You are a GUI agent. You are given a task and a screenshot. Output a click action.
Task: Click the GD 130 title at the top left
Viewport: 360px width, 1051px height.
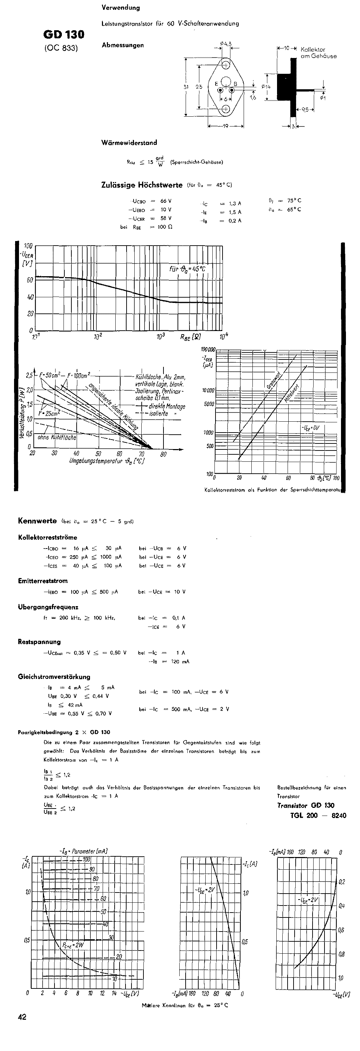pyautogui.click(x=64, y=34)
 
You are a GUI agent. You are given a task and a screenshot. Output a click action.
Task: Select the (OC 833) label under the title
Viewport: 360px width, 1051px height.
pyautogui.click(x=61, y=47)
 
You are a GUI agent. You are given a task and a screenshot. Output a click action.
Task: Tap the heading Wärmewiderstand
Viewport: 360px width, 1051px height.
pyautogui.click(x=129, y=142)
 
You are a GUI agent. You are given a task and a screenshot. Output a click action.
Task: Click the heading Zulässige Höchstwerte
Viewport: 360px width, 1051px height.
pyautogui.click(x=142, y=185)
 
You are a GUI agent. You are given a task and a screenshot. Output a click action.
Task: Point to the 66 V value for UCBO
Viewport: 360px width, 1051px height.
pyautogui.click(x=166, y=201)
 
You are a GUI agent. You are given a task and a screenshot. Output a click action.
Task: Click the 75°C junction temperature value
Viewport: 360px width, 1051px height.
pyautogui.click(x=294, y=200)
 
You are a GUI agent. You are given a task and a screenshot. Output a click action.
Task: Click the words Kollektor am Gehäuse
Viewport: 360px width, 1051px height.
pyautogui.click(x=319, y=53)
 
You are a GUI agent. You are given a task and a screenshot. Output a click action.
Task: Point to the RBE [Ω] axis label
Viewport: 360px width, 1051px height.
pyautogui.click(x=191, y=337)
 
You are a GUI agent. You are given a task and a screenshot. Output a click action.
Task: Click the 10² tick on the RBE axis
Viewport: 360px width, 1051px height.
pyautogui.click(x=98, y=337)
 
